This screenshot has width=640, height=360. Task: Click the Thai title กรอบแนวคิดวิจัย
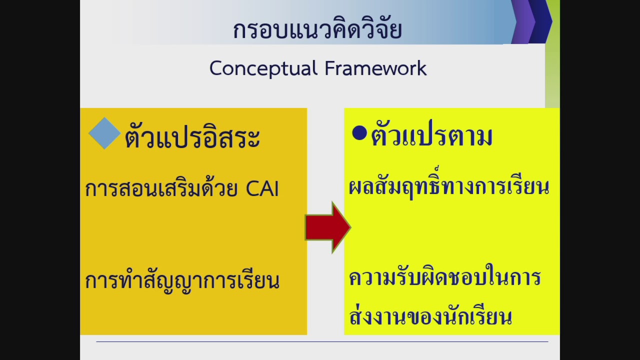click(x=317, y=30)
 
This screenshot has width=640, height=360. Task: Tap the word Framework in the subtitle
click(x=375, y=68)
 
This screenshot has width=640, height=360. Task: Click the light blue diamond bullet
click(x=104, y=133)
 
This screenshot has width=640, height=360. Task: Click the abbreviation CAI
click(x=262, y=189)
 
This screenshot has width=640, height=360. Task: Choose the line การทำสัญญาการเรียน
click(x=182, y=281)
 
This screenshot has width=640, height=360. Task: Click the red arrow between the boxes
click(x=327, y=227)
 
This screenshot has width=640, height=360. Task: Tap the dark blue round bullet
click(x=359, y=133)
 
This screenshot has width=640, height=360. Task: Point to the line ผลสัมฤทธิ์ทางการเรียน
click(x=449, y=187)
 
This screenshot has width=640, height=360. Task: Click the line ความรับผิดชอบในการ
click(x=444, y=277)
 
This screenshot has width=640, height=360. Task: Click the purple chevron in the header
click(x=522, y=22)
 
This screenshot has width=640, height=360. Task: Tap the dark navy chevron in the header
click(x=541, y=22)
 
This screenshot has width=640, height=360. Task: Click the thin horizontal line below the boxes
click(x=322, y=341)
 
